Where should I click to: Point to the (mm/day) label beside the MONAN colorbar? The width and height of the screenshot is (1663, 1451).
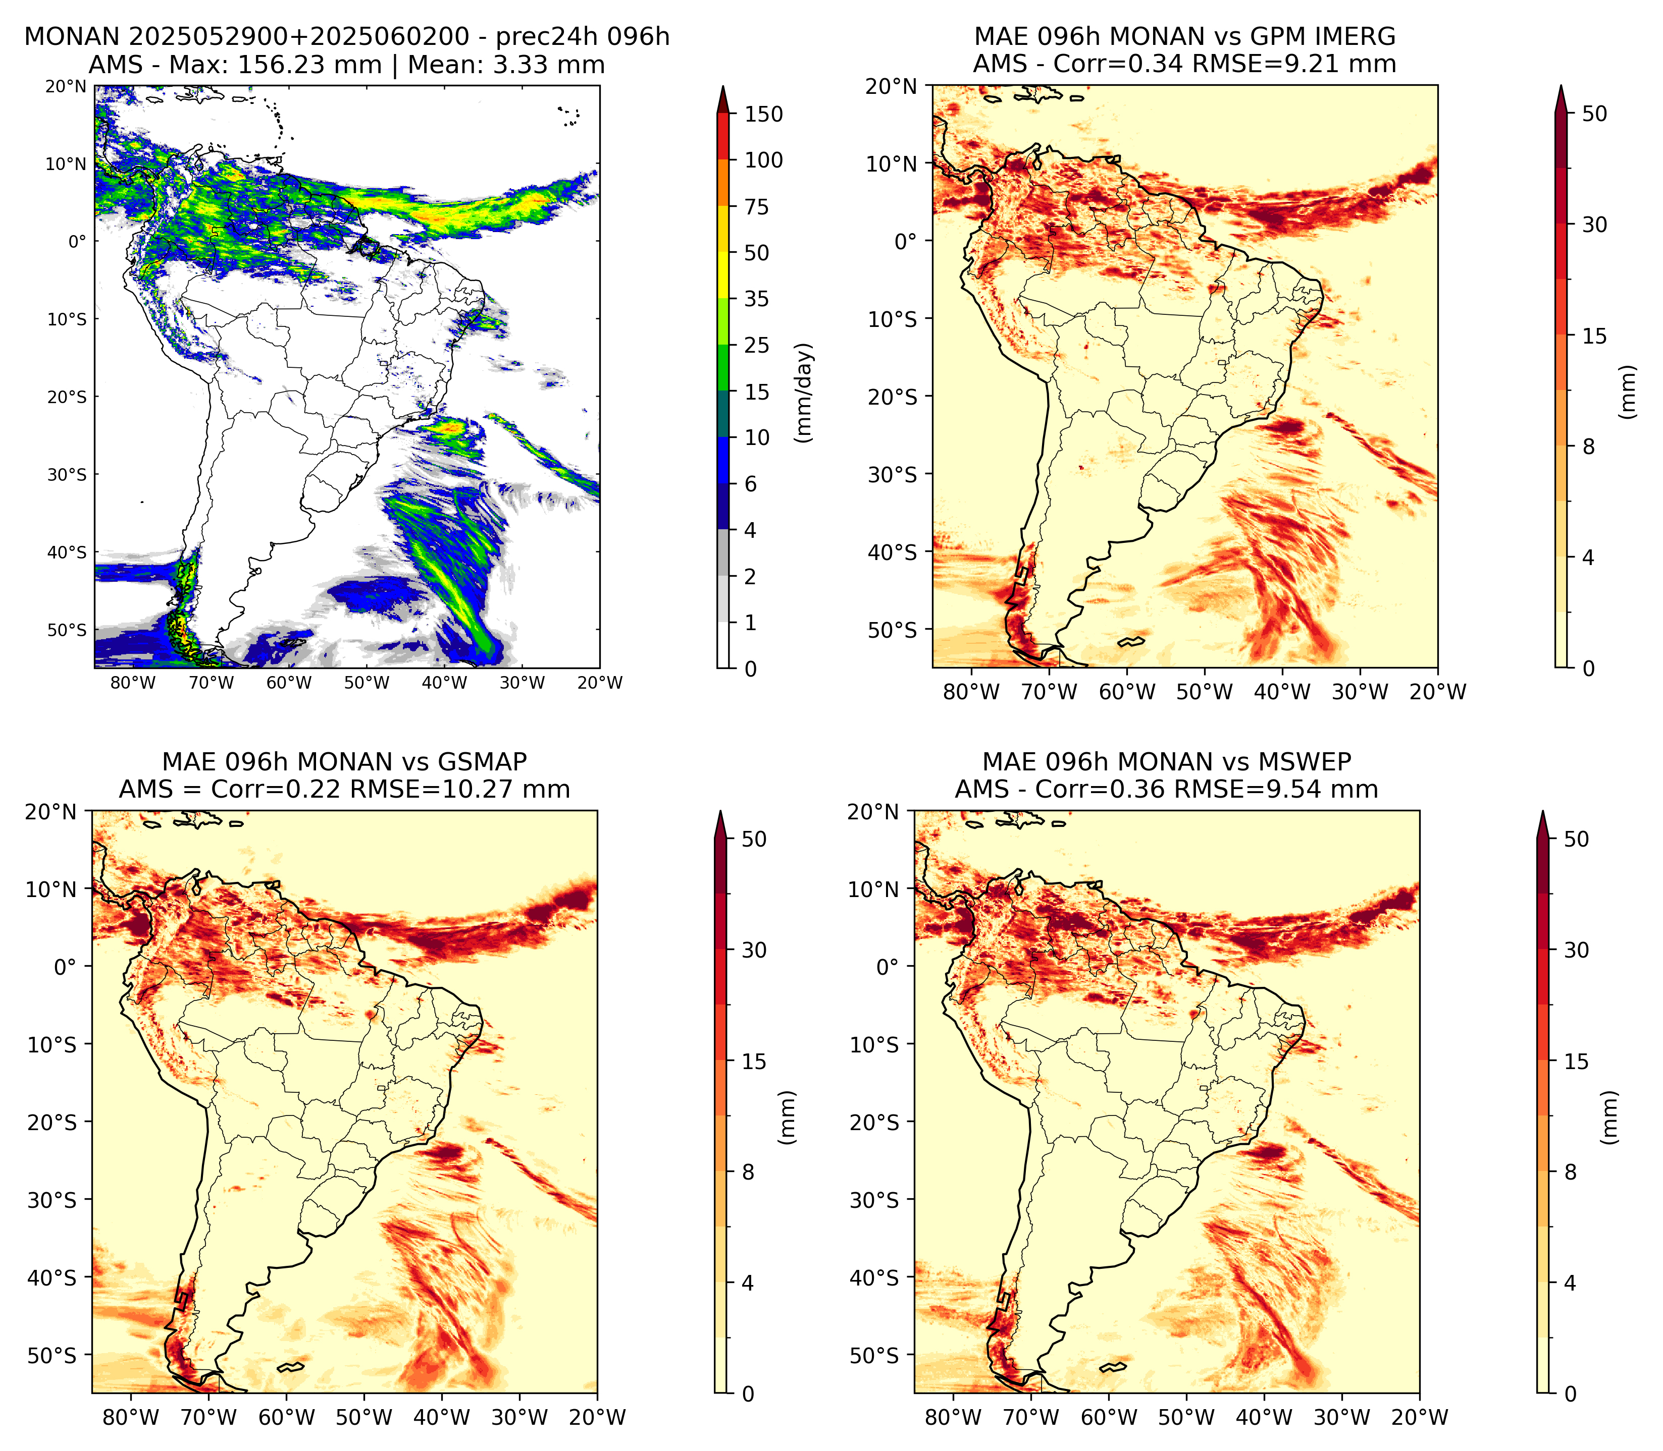[804, 393]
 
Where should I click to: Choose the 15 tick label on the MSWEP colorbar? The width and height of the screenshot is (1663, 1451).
[1576, 1062]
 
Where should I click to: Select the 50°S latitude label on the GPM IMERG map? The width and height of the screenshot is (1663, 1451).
[893, 630]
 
